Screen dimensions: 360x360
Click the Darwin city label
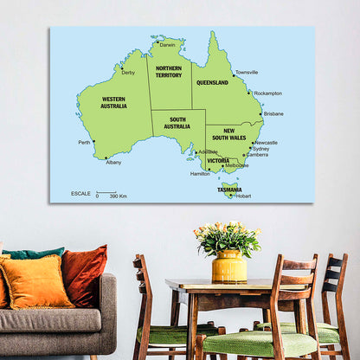[x=167, y=44]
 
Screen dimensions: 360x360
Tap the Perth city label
[x=84, y=143]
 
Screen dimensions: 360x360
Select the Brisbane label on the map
[x=273, y=113]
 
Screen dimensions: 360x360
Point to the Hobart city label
[x=243, y=196]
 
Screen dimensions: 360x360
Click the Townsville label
[x=247, y=72]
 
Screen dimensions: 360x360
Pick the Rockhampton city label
[x=267, y=93]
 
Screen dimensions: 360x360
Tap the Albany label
[x=113, y=162]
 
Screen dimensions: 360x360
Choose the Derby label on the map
[x=128, y=73]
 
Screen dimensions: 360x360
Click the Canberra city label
[x=257, y=155]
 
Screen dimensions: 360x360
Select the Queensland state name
[x=212, y=83]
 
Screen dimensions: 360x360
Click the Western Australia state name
[x=113, y=102]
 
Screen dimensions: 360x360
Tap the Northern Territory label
[x=169, y=71]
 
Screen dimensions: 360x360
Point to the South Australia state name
[x=177, y=123]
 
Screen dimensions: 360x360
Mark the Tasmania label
[x=229, y=188]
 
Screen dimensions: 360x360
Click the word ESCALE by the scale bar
[x=80, y=193]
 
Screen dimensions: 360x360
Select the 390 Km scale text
[x=119, y=196]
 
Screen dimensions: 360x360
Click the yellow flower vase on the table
[x=229, y=266]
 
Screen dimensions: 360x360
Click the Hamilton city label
[x=200, y=173]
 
